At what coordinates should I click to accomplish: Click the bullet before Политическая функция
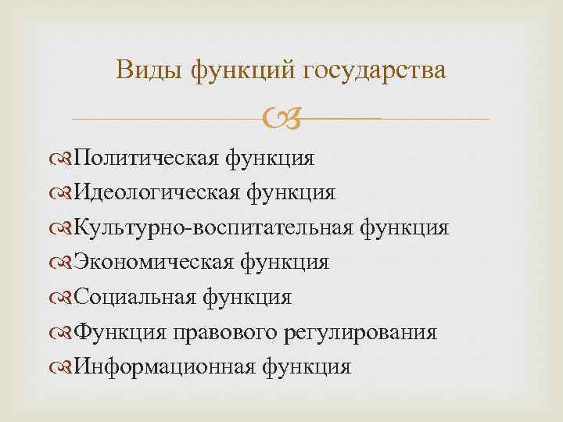(x=62, y=159)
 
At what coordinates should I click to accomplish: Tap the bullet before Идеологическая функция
(x=62, y=193)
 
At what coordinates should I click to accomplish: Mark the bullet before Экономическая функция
(x=62, y=263)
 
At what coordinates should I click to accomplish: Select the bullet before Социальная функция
(x=62, y=297)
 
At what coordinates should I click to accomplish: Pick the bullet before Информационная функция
(x=62, y=367)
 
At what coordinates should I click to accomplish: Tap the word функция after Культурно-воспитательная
(x=404, y=227)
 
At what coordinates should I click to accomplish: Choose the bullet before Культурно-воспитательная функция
(x=62, y=227)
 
